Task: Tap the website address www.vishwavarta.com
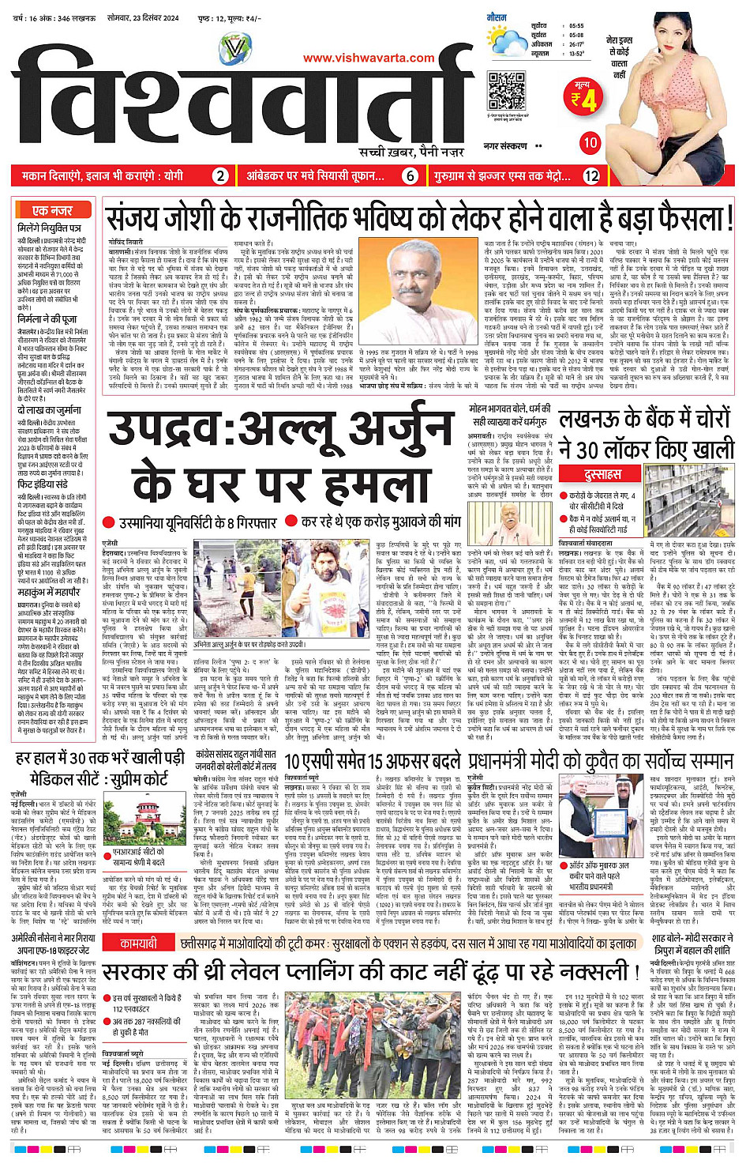[369, 57]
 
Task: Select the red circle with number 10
[590, 142]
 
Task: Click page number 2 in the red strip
[221, 175]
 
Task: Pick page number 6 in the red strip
[410, 175]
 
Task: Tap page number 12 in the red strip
[592, 175]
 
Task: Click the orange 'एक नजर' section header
[52, 211]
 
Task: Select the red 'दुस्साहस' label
[602, 474]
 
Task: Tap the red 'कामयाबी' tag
[138, 943]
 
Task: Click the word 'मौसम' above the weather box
[497, 16]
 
